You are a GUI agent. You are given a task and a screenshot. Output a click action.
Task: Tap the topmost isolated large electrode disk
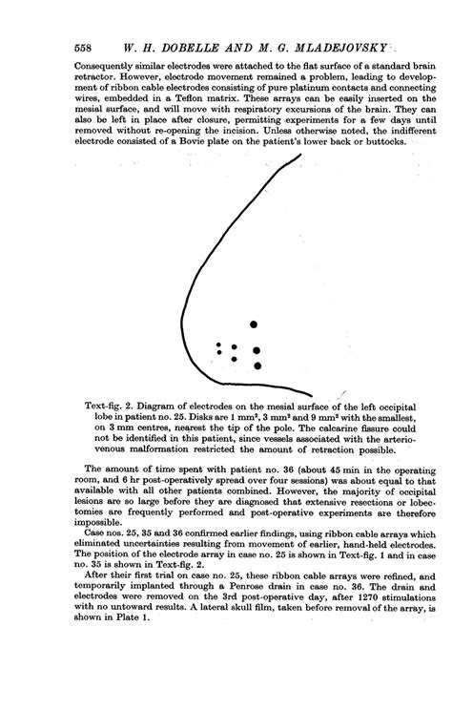[254, 324]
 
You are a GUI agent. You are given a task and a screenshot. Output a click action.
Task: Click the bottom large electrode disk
[257, 365]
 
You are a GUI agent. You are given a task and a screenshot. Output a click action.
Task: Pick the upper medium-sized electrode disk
[235, 347]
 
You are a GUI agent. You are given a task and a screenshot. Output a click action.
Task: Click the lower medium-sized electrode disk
[235, 358]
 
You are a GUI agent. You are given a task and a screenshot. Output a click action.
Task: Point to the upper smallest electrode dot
[219, 345]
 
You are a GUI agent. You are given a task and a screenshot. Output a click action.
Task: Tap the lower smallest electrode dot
[219, 354]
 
